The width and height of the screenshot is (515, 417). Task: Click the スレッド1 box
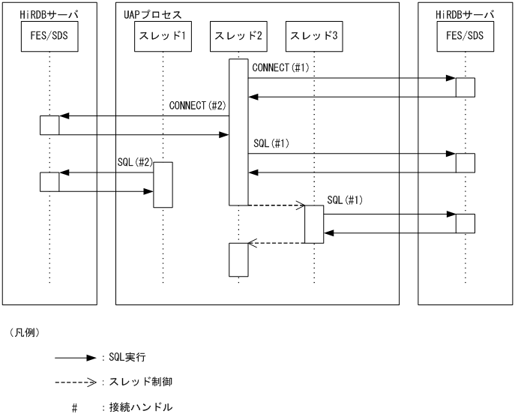(x=163, y=36)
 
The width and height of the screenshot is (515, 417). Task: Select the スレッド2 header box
(x=238, y=36)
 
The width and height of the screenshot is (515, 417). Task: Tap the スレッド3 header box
(x=314, y=36)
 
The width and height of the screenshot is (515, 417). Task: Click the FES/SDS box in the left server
(x=49, y=36)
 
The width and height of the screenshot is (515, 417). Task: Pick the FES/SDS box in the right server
(x=465, y=36)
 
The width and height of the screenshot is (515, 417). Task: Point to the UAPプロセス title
(x=152, y=15)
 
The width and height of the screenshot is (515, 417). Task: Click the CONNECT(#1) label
(x=281, y=68)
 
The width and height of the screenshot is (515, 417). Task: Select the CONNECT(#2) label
(x=198, y=106)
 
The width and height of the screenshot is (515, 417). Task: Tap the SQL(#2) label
(x=135, y=162)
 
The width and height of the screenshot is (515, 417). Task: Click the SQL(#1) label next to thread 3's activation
(x=346, y=200)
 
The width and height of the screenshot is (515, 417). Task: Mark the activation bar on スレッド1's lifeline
(x=163, y=184)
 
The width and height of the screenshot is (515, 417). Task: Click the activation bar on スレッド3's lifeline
(x=314, y=223)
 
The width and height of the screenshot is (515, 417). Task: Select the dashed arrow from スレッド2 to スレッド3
(x=277, y=205)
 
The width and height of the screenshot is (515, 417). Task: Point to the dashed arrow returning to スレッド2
(x=277, y=242)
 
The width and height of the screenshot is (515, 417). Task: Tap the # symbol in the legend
(x=75, y=408)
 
